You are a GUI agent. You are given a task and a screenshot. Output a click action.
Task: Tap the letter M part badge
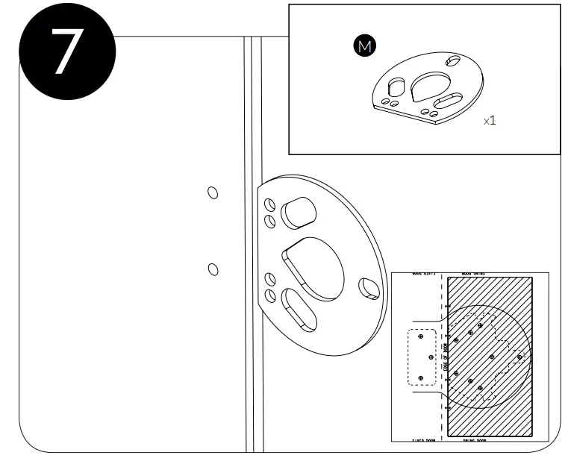364,46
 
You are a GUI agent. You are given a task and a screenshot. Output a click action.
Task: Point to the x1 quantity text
490,120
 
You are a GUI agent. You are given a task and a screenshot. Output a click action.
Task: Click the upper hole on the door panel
213,193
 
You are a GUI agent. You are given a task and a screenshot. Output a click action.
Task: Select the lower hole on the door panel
213,269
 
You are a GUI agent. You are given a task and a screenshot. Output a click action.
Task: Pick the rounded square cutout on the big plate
296,213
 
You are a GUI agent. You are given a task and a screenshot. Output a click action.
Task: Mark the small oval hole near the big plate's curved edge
369,287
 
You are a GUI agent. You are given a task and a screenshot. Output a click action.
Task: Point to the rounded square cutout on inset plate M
396,87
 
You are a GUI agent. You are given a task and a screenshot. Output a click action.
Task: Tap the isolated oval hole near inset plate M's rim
453,59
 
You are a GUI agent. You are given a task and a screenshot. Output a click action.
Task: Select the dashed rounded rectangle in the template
421,357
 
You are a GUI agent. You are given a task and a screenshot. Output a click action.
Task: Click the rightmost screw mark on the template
520,357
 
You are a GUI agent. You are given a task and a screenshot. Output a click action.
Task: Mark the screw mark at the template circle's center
492,357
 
